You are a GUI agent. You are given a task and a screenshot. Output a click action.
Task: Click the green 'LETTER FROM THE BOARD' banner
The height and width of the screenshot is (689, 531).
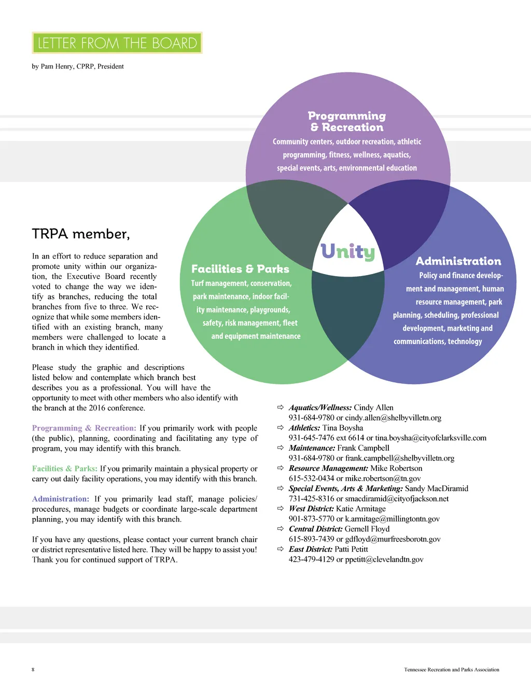[x=117, y=43]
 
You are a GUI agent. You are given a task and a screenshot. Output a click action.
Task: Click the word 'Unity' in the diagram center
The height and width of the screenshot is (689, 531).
[x=347, y=252]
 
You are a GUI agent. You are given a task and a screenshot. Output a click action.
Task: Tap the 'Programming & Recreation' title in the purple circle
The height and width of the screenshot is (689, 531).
[x=347, y=122]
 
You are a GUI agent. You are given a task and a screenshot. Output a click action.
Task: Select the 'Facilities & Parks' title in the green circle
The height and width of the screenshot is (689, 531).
[x=240, y=269]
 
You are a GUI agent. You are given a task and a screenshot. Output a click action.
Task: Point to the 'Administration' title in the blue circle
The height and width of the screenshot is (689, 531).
[x=458, y=261]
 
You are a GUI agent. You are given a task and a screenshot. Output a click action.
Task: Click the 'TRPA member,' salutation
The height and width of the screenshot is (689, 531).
[x=81, y=234]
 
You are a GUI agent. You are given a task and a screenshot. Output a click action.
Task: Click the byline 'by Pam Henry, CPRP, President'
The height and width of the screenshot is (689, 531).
[x=78, y=66]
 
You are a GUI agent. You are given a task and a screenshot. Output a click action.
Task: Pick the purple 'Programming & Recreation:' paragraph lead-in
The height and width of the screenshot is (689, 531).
[x=84, y=428]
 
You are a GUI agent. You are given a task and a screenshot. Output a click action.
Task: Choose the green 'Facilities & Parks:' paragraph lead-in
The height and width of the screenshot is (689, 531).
[x=65, y=468]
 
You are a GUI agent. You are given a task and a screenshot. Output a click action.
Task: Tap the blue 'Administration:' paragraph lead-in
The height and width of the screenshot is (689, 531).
[x=61, y=499]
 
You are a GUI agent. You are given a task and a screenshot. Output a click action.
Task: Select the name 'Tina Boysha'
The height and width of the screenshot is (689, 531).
[x=343, y=428]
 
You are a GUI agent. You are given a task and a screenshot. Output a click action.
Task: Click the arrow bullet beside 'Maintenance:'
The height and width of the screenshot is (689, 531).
[x=281, y=448]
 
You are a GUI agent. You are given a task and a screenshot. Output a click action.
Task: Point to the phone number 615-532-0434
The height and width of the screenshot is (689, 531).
[x=312, y=478]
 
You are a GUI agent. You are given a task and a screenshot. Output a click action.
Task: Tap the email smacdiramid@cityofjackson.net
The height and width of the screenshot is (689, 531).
[x=397, y=498]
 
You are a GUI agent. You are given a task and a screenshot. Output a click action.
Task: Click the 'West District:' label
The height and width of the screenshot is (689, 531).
[x=311, y=509]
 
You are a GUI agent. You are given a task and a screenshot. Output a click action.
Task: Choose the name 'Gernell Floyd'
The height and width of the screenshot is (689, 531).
[x=367, y=529]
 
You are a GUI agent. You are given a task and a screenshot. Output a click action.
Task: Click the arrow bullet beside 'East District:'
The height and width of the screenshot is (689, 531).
[x=281, y=549]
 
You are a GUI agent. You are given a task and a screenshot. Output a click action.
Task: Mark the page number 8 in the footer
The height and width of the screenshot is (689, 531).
[x=33, y=669]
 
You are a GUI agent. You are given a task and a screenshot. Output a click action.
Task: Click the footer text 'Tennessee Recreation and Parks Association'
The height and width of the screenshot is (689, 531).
[x=452, y=669]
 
